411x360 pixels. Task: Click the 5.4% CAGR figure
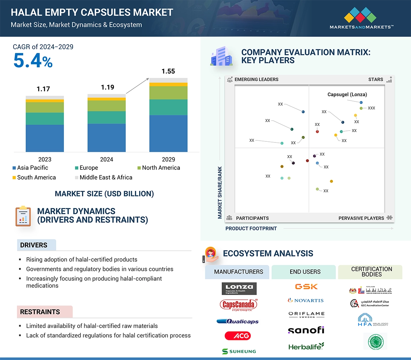tap(33, 61)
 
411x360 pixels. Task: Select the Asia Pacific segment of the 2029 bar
tap(168, 133)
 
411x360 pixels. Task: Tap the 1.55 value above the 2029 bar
tap(168, 71)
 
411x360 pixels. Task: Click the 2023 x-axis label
tap(45, 159)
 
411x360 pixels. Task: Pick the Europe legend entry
tap(89, 168)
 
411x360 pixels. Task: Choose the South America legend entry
tap(36, 178)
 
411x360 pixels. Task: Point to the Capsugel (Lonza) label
tap(347, 94)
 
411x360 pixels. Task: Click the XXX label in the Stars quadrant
tap(371, 108)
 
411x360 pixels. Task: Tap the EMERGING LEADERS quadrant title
tap(256, 79)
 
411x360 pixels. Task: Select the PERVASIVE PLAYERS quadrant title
tap(361, 218)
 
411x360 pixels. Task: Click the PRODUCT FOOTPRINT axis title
tap(251, 228)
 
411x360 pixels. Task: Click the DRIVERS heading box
tap(36, 245)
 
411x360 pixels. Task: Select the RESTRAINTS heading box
tap(44, 312)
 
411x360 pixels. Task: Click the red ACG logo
tap(237, 336)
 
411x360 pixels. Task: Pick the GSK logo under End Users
tap(306, 287)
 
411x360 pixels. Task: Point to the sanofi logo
tap(306, 330)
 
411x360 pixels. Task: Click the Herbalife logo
tap(306, 346)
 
